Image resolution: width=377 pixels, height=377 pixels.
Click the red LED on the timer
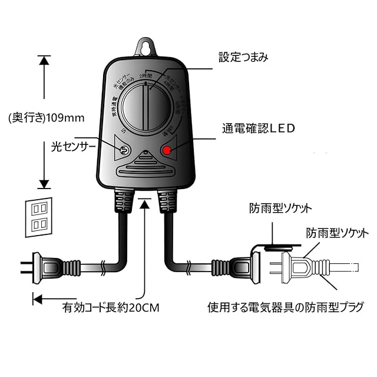click(x=167, y=151)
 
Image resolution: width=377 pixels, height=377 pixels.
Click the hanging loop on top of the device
click(x=145, y=47)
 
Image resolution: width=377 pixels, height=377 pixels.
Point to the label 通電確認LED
click(x=258, y=127)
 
